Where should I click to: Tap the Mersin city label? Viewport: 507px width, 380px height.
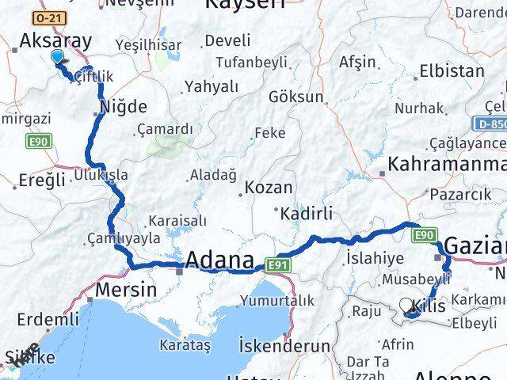(125, 290)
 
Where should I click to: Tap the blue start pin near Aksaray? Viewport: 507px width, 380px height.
(57, 57)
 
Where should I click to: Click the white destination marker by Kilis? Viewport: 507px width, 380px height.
(406, 305)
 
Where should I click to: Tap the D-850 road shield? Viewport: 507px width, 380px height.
(492, 124)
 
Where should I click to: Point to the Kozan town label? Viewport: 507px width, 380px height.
(269, 188)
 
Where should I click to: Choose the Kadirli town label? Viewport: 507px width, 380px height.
(303, 212)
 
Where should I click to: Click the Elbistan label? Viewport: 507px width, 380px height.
(452, 70)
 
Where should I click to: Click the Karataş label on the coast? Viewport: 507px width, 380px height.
(184, 346)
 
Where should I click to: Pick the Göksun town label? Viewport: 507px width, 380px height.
(296, 97)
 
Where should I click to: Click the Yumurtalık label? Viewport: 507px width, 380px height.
(278, 300)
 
